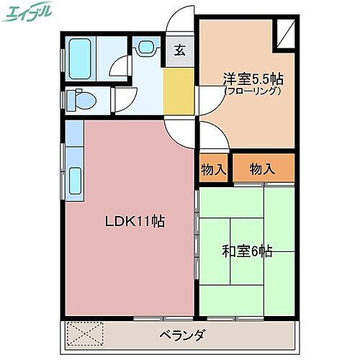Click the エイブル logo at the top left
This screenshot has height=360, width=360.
point(29,12)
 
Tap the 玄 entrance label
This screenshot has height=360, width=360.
point(179,51)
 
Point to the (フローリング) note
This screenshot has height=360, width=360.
point(251,91)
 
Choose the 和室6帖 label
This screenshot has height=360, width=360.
point(246,251)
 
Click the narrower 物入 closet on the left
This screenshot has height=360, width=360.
point(213,170)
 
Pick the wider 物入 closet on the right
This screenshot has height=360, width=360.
point(263,170)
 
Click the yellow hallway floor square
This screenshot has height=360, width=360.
point(179,90)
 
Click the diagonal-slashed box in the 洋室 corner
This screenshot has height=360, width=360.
point(286,34)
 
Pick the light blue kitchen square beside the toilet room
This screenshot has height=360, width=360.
point(74,131)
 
